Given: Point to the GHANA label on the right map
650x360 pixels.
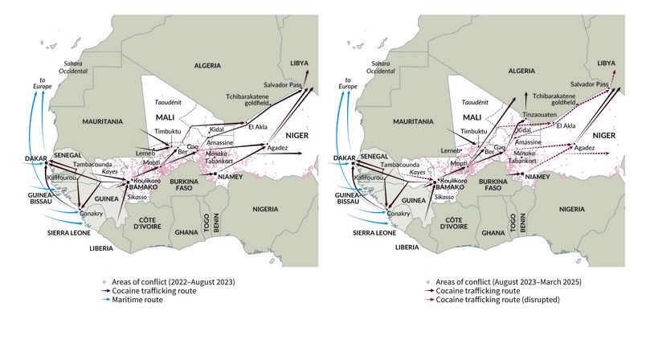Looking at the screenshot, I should [x=492, y=232].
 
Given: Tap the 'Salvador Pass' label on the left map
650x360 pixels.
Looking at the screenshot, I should [x=282, y=84].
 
